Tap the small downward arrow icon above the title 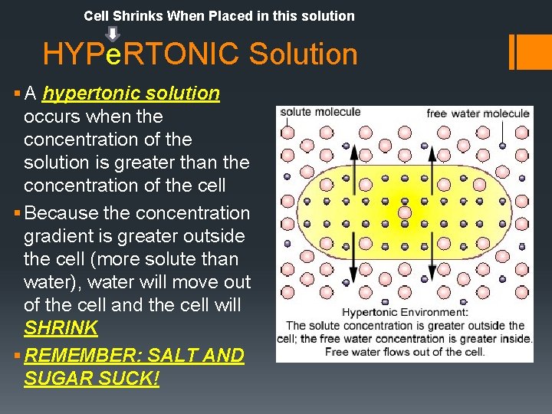112,34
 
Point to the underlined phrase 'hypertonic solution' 131,94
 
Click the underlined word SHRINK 61,328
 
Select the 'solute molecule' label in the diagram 320,112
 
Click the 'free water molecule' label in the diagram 478,113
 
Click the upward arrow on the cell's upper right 431,161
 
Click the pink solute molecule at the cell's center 405,212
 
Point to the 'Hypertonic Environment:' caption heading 404,313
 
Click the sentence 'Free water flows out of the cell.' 404,352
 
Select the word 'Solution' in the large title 304,54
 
